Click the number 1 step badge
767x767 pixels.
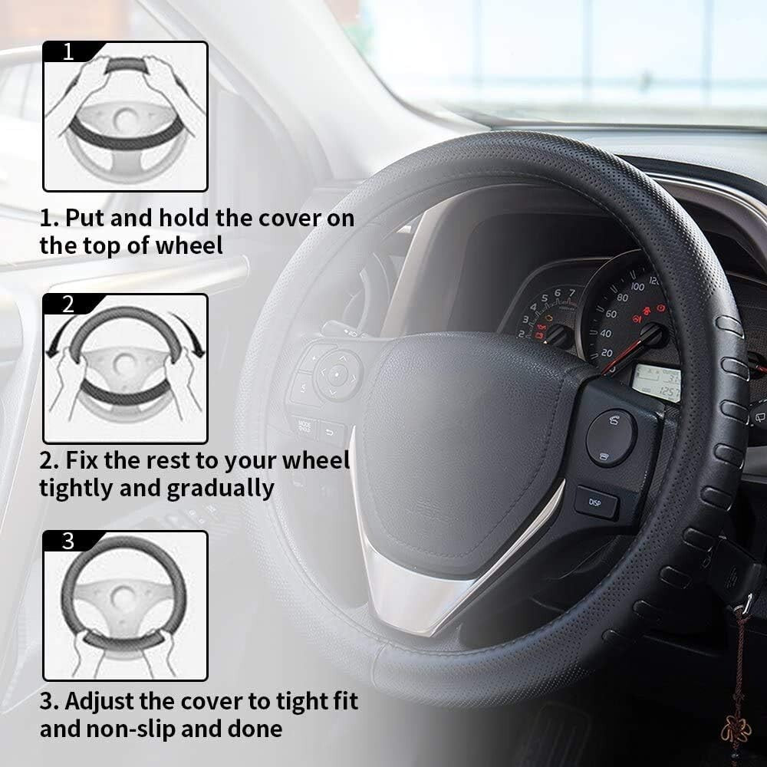point(68,52)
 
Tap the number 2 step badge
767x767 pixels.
point(68,304)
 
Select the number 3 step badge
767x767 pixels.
point(68,541)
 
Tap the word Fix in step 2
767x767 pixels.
point(84,461)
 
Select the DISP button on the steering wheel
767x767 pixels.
point(596,502)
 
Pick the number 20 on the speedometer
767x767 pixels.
point(606,352)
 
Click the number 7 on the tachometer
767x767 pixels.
point(571,293)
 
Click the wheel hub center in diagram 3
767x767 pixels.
point(123,595)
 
